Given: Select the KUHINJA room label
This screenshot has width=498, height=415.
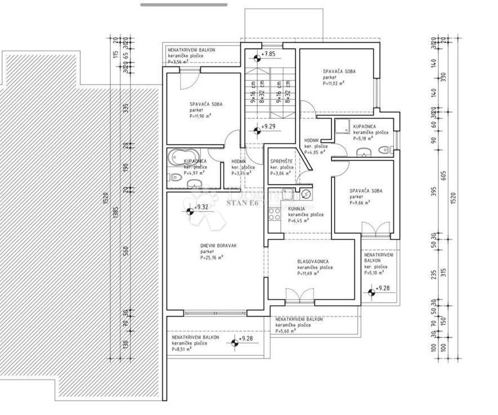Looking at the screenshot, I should coord(298,208).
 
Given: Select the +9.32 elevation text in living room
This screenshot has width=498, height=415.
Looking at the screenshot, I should coord(201,207).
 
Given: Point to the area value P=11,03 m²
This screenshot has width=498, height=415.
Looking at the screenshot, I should coord(334,83).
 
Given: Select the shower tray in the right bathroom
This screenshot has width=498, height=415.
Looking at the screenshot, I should coord(342,127).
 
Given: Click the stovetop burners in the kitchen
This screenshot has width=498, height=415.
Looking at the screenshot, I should coord(275,214).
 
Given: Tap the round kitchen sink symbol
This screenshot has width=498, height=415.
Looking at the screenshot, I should coord(306,194).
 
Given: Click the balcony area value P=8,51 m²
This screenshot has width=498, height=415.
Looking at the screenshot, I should coord(182,349).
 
